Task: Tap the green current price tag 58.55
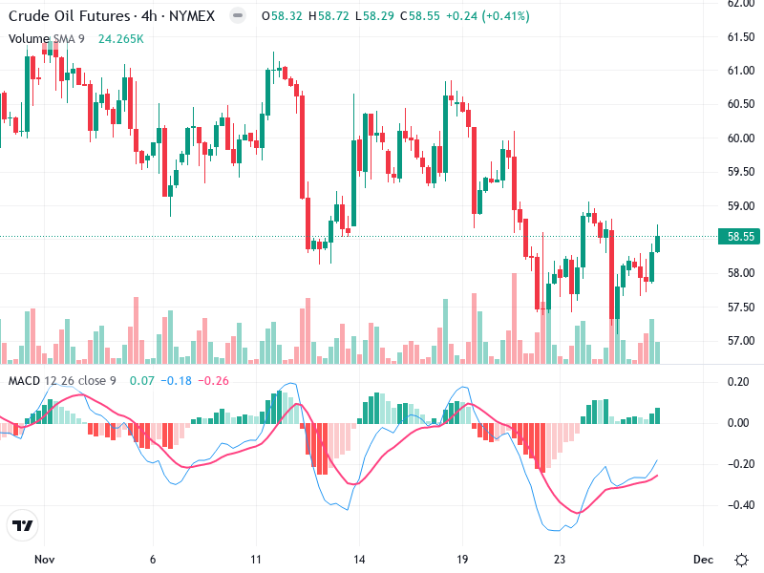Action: coord(739,236)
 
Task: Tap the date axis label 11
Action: coord(255,559)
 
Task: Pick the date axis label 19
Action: coord(462,559)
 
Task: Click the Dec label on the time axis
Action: coord(703,559)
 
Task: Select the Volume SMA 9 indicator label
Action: coord(48,38)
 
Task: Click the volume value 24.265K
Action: coord(121,38)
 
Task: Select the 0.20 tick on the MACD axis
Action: coord(736,382)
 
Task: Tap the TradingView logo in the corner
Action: coord(23,526)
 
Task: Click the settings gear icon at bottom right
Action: coord(741,559)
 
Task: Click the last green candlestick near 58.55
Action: coord(657,244)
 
